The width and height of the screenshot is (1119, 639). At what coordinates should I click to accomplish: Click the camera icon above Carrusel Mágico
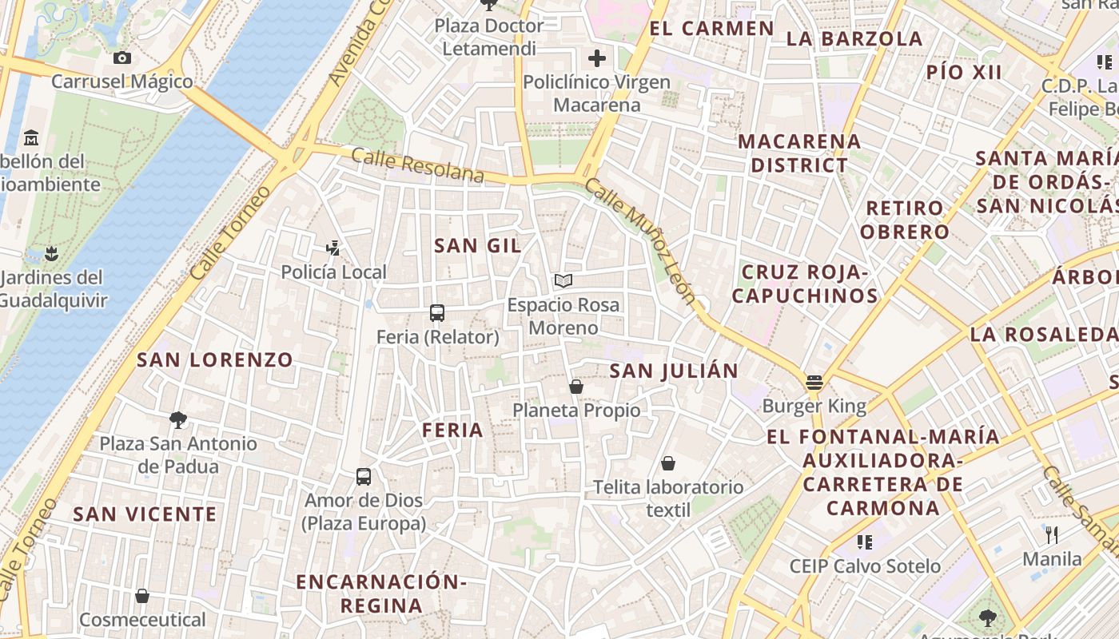tap(122, 58)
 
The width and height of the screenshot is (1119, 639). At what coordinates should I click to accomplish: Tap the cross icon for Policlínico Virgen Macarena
tap(596, 58)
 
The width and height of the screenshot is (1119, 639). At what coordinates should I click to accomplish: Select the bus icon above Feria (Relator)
tap(437, 312)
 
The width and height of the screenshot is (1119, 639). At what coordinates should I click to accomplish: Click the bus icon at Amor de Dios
tap(364, 477)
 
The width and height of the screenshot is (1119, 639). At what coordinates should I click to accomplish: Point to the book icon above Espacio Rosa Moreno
tap(563, 280)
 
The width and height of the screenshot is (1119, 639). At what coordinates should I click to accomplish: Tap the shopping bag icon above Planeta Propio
tap(575, 387)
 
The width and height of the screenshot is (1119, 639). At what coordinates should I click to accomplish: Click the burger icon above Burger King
tap(814, 383)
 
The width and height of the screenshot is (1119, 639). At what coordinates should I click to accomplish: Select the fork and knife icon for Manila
tap(1052, 534)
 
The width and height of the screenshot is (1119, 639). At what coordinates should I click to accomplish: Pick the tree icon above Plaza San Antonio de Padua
tap(178, 419)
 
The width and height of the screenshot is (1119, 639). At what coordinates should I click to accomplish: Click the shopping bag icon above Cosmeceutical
tap(142, 596)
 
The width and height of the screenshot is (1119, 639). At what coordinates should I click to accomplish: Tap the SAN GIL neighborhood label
tap(477, 246)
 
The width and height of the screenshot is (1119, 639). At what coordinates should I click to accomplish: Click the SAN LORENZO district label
tap(215, 360)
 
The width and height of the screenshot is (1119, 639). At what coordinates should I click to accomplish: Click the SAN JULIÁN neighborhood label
tap(674, 371)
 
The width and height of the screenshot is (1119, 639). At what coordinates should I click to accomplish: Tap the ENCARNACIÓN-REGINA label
tap(381, 593)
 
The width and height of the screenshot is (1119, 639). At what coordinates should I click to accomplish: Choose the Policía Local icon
tap(333, 248)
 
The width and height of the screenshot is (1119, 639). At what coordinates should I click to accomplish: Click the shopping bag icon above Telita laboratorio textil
tap(668, 463)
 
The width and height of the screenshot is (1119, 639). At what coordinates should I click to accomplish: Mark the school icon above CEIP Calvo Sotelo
tap(864, 542)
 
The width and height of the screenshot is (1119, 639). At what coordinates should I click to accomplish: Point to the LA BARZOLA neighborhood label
tap(854, 38)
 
